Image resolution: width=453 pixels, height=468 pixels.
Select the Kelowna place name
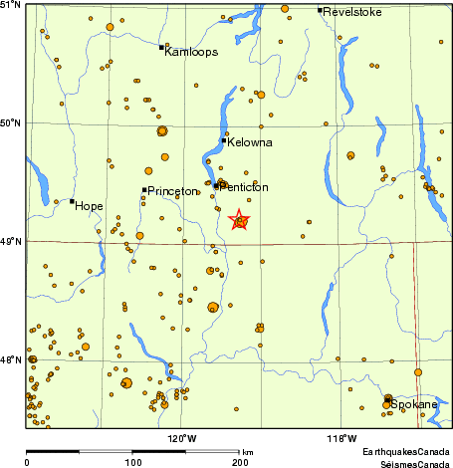coord(249,143)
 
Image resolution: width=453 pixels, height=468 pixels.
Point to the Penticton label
coord(245,186)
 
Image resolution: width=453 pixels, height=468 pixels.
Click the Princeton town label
coord(172,191)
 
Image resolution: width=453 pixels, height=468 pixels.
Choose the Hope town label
coord(89,206)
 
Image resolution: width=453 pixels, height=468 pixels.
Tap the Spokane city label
coord(413,405)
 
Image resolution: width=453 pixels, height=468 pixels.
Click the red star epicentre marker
coord(240,221)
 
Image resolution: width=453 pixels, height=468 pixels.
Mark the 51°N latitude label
coord(12,6)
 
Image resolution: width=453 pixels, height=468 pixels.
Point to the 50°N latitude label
coord(12,123)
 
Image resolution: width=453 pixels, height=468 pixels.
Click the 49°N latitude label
coord(12,241)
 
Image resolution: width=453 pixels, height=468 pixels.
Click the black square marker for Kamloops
coord(161,47)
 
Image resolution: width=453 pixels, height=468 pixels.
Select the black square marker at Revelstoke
coord(320,10)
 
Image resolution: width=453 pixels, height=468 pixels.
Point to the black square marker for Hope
coord(72,201)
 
